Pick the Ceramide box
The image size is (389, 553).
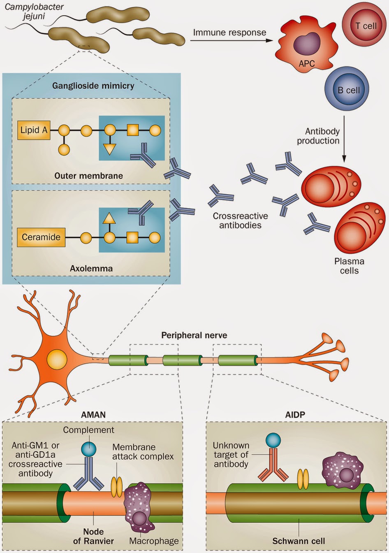(41, 237)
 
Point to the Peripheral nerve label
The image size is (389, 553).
(194, 335)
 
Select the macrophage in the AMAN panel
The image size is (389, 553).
(139, 507)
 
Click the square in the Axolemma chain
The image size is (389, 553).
(132, 237)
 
